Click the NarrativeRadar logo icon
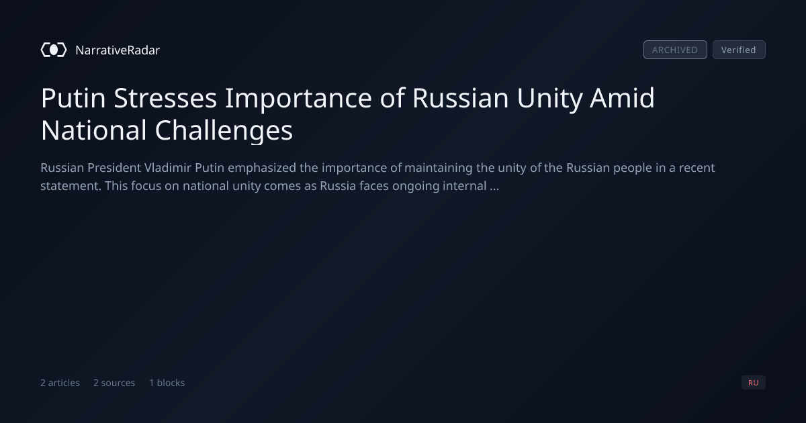(x=54, y=50)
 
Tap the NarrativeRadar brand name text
(x=118, y=50)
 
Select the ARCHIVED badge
(x=675, y=50)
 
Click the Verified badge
(x=739, y=50)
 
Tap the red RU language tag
(x=754, y=382)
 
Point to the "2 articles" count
(x=60, y=383)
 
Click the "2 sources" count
(x=114, y=383)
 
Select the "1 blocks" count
(x=167, y=383)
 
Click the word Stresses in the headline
(x=165, y=98)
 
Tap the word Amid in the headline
(x=622, y=98)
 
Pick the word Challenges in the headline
(x=224, y=131)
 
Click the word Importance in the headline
(x=299, y=99)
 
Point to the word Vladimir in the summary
(x=168, y=168)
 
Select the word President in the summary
(x=114, y=168)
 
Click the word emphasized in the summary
(x=262, y=168)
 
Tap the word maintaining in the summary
(x=439, y=168)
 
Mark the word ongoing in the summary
(x=416, y=187)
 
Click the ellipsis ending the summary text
(x=495, y=189)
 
